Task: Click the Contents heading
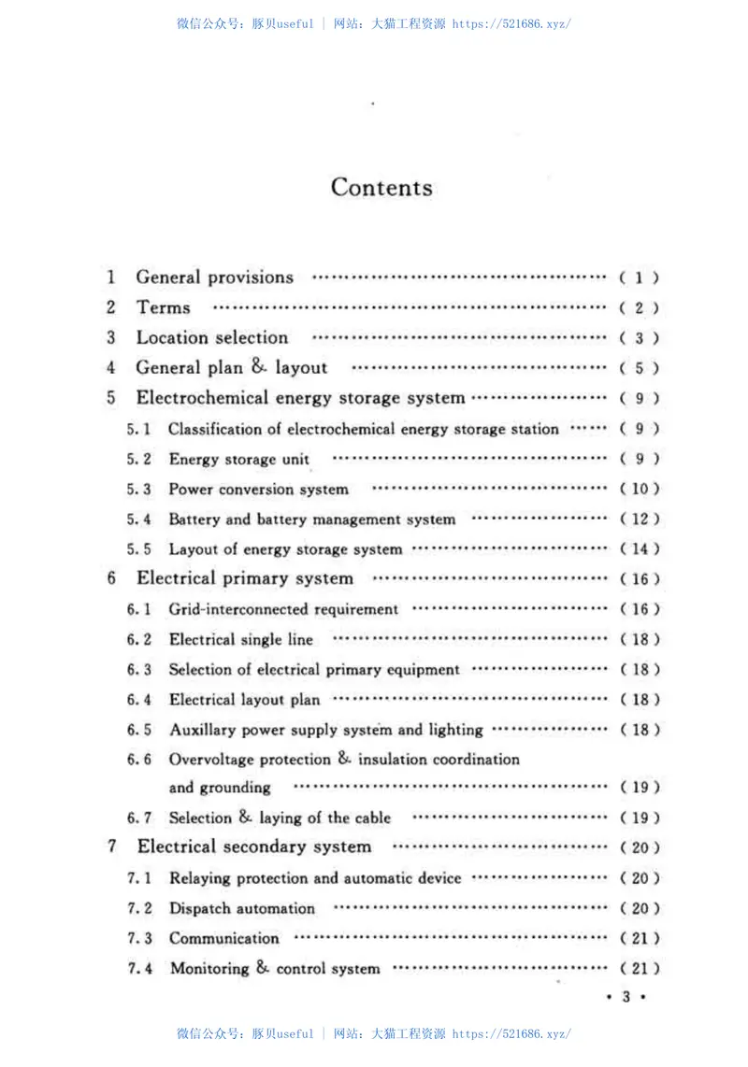381,188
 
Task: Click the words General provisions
214,277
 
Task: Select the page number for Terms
640,308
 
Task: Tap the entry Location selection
212,338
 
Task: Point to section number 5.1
139,430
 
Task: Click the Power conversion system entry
258,490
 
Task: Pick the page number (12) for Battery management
640,519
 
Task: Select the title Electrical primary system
245,579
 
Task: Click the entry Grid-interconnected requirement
283,610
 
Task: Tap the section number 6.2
139,640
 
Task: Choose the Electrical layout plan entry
244,700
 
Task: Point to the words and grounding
220,788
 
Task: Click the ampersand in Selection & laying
245,818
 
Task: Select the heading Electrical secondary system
254,847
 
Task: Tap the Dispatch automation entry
242,908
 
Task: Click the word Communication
224,938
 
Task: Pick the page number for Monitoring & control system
640,969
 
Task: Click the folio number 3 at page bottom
626,998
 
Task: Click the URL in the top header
511,24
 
